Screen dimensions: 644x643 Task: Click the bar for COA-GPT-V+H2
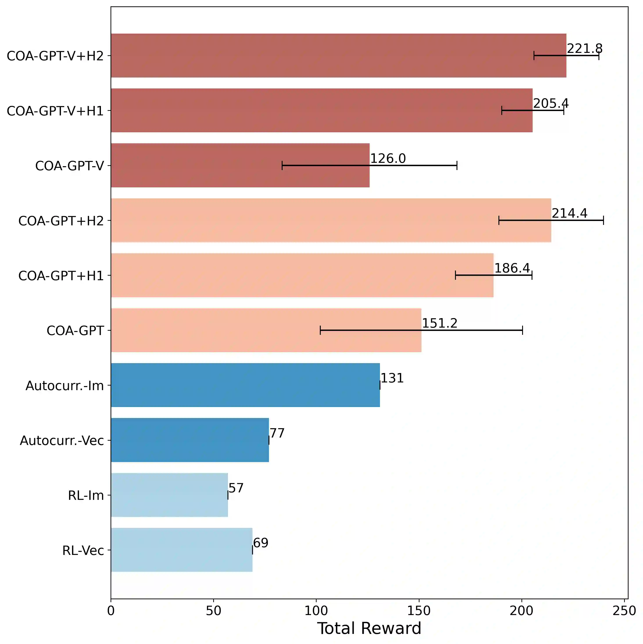coord(338,55)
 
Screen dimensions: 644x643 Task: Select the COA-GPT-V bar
coord(240,165)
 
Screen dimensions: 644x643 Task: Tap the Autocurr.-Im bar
coord(245,385)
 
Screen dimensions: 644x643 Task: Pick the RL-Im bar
coord(169,495)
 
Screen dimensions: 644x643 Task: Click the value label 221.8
coord(585,49)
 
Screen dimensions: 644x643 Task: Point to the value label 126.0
coord(388,159)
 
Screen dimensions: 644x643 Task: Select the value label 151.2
coord(440,323)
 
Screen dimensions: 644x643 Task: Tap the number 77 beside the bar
coord(277,433)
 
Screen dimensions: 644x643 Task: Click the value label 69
coord(261,543)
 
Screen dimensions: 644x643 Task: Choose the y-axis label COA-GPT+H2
coord(61,221)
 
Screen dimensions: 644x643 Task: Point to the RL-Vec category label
coord(83,551)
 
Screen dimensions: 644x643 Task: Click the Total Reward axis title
coord(369,629)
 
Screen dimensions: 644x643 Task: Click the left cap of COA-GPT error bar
coord(320,330)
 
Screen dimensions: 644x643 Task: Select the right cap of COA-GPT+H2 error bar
coord(603,220)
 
